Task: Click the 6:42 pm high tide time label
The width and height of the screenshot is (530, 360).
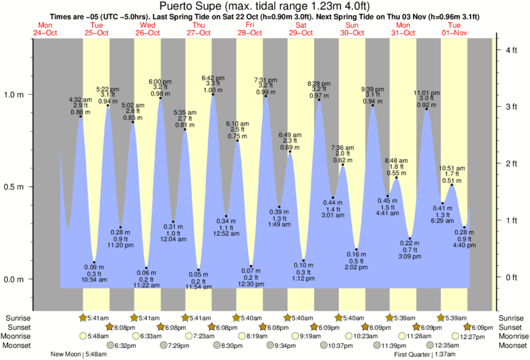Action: point(213,77)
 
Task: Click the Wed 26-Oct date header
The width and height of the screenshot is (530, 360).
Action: point(148,28)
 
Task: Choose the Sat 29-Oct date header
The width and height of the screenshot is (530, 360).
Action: point(301,28)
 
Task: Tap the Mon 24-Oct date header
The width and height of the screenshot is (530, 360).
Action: point(45,28)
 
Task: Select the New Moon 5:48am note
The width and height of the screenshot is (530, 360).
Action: point(80,355)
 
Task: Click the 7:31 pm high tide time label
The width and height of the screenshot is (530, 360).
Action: point(265,79)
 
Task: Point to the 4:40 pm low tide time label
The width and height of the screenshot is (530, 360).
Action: point(465,246)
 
